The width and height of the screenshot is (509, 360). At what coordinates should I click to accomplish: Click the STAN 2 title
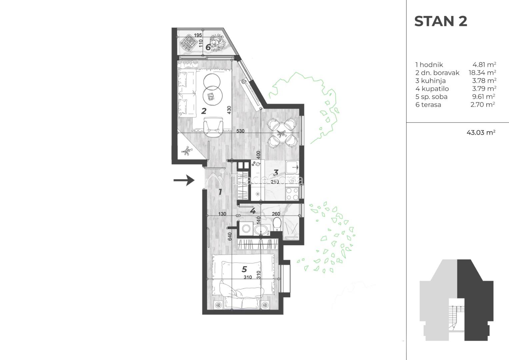pos(441,21)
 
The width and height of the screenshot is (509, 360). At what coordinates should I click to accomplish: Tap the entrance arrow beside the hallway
pos(184,181)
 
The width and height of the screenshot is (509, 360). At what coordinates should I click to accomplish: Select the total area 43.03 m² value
pos(481,132)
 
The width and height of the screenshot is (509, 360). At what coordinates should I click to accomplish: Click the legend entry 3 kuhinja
pos(430,81)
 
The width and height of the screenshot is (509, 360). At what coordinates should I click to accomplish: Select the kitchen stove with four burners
pos(292,194)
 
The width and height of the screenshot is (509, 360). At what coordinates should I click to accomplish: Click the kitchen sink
pos(292,167)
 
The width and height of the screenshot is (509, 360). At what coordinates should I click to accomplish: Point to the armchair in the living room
pos(213,126)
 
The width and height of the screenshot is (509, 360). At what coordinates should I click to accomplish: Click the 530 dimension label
pos(240,131)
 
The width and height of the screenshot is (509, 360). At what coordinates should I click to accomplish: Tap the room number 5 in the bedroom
pos(244,269)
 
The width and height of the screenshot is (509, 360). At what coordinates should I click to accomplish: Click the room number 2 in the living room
pos(204,111)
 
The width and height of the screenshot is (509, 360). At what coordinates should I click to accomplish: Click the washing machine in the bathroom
pos(246,229)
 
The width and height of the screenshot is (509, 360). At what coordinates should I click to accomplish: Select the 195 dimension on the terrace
pos(198,35)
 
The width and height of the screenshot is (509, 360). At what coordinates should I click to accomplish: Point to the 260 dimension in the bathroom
pos(276,214)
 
